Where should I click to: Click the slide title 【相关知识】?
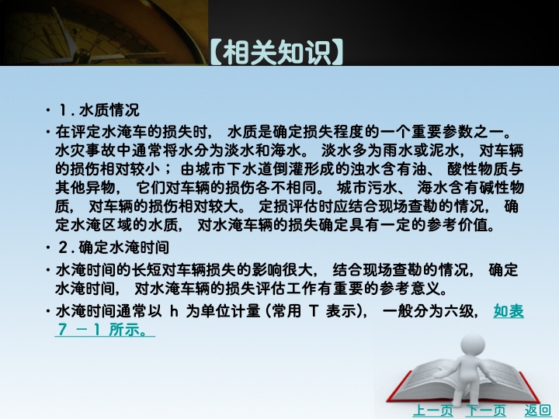[277, 53]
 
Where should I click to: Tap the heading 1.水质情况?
[99, 110]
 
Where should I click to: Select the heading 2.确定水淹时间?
[113, 248]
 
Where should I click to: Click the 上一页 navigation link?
[432, 410]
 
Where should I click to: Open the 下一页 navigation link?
[486, 410]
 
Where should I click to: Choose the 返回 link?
[537, 410]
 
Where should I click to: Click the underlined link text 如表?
[509, 311]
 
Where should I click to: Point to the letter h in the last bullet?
[174, 312]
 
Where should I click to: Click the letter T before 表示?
[314, 312]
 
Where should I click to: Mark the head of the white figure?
[472, 345]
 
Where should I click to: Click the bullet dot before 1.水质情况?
[48, 110]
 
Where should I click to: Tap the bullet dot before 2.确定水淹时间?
[48, 248]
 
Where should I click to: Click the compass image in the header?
[103, 33]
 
